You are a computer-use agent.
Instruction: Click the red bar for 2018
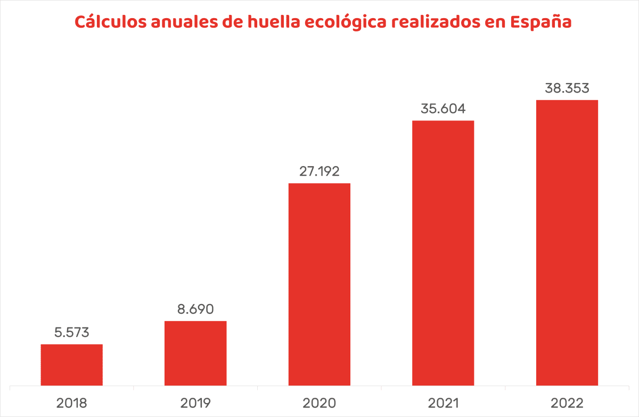pos(72,365)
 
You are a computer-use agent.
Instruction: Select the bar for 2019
pos(195,353)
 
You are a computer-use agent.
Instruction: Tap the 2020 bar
pos(319,284)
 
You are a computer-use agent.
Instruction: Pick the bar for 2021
pos(443,253)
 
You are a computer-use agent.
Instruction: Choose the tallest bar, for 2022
pos(567,243)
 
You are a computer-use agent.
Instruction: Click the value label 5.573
pos(72,333)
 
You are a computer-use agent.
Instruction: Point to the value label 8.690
pos(195,309)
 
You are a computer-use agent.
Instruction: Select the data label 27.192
pos(319,171)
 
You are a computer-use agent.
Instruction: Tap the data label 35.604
pos(443,109)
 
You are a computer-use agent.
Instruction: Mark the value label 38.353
pos(567,88)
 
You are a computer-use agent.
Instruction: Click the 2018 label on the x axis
pos(72,403)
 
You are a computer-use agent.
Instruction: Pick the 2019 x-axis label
pos(195,403)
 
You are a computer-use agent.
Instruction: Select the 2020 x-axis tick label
pos(319,403)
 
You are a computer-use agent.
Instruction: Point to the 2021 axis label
pos(443,403)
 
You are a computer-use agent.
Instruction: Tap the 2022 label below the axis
pos(567,403)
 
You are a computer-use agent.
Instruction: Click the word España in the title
pos(540,23)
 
